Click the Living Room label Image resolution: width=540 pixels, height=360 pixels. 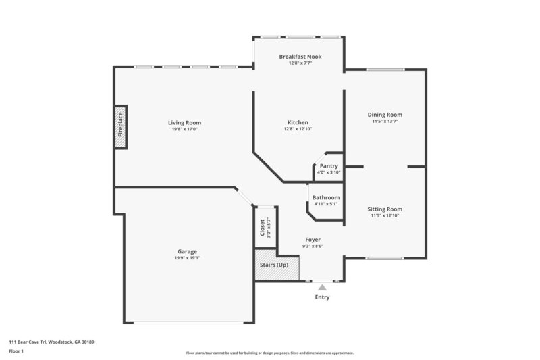(x=184, y=122)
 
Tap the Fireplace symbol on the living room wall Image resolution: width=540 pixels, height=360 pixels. (x=121, y=126)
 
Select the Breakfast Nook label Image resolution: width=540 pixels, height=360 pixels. (x=300, y=57)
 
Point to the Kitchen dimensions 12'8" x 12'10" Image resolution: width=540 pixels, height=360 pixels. (x=298, y=129)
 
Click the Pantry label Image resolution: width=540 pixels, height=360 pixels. (x=329, y=165)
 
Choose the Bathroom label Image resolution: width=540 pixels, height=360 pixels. (x=326, y=197)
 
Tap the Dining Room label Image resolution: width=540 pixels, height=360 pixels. (x=385, y=115)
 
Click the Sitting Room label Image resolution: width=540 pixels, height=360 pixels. (x=385, y=209)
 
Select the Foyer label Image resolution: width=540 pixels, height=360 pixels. (x=313, y=240)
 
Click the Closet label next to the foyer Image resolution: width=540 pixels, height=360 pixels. (x=263, y=227)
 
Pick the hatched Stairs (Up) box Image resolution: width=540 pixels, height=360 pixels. (x=274, y=265)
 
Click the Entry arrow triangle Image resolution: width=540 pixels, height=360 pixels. (x=322, y=287)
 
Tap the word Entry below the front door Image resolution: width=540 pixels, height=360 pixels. (x=322, y=297)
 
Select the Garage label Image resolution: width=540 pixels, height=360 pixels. (x=187, y=251)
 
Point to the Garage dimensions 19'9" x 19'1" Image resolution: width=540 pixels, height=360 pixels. (x=187, y=258)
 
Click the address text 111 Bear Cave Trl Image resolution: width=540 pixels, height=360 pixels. (x=51, y=342)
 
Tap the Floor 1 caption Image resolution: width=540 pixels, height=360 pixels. (x=16, y=351)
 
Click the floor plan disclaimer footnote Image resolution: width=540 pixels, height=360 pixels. (x=269, y=353)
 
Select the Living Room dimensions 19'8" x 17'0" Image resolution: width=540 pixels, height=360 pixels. (x=184, y=129)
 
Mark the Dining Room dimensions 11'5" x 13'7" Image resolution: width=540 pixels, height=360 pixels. (x=385, y=122)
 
